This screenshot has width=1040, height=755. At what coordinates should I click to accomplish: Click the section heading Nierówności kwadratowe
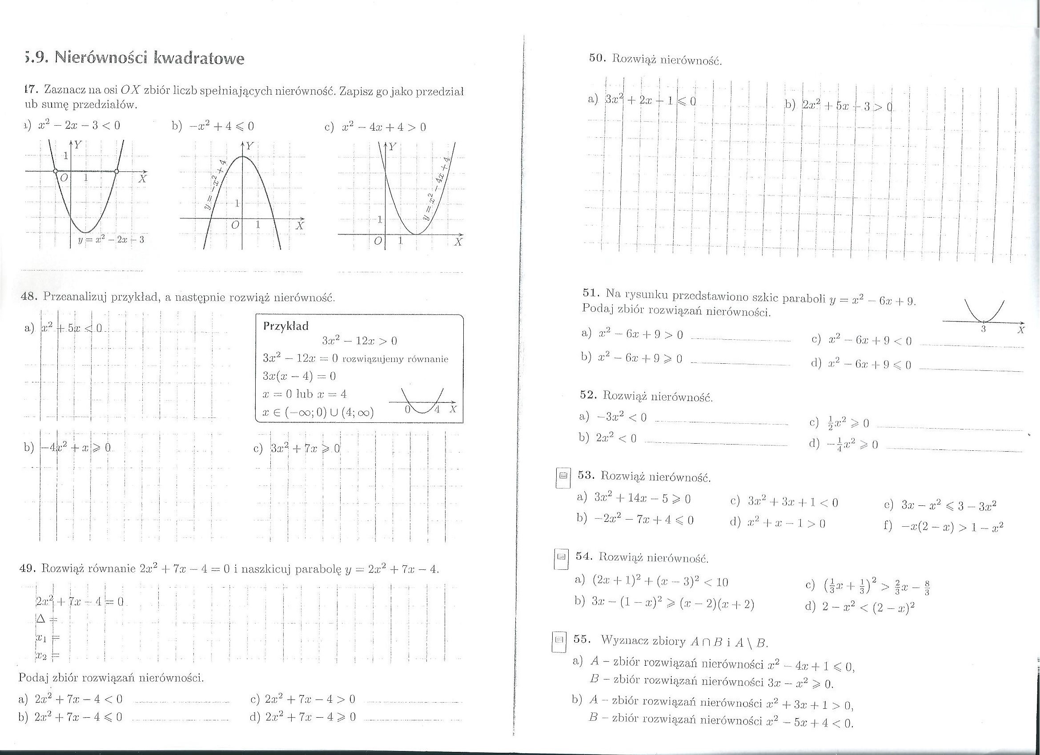(x=149, y=59)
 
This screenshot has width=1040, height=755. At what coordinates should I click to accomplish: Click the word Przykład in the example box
(x=286, y=326)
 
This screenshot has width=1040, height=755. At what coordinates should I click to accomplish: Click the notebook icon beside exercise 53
(x=563, y=476)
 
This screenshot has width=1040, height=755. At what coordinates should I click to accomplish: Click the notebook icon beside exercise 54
(x=561, y=557)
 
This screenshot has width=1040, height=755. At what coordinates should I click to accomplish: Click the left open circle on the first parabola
(x=56, y=171)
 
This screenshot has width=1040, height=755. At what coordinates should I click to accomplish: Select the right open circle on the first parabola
(x=116, y=171)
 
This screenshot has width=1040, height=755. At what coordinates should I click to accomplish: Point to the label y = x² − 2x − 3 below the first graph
(x=111, y=240)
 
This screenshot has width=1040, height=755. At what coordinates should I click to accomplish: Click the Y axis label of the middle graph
(x=250, y=146)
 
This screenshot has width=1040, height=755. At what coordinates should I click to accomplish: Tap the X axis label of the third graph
(x=458, y=242)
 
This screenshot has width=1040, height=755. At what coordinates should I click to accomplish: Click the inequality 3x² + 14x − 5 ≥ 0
(x=642, y=498)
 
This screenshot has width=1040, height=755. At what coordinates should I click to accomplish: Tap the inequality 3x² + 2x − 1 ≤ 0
(x=651, y=101)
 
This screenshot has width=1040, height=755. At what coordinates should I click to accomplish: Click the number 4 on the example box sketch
(x=437, y=409)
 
